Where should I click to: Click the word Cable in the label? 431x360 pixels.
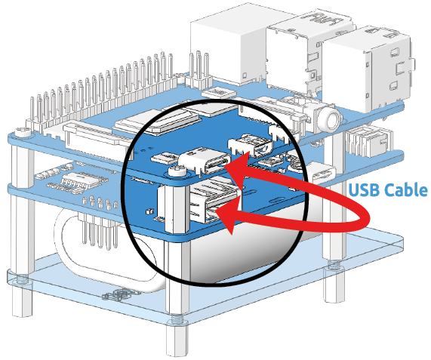[405, 190]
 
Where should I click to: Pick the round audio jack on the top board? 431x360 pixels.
[331, 120]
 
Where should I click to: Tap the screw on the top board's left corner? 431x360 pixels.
[23, 132]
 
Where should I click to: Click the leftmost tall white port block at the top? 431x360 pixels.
[228, 50]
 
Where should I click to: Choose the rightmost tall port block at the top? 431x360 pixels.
[368, 69]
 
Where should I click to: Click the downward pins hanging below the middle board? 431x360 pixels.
[97, 231]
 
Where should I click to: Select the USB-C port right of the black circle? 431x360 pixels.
[321, 172]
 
